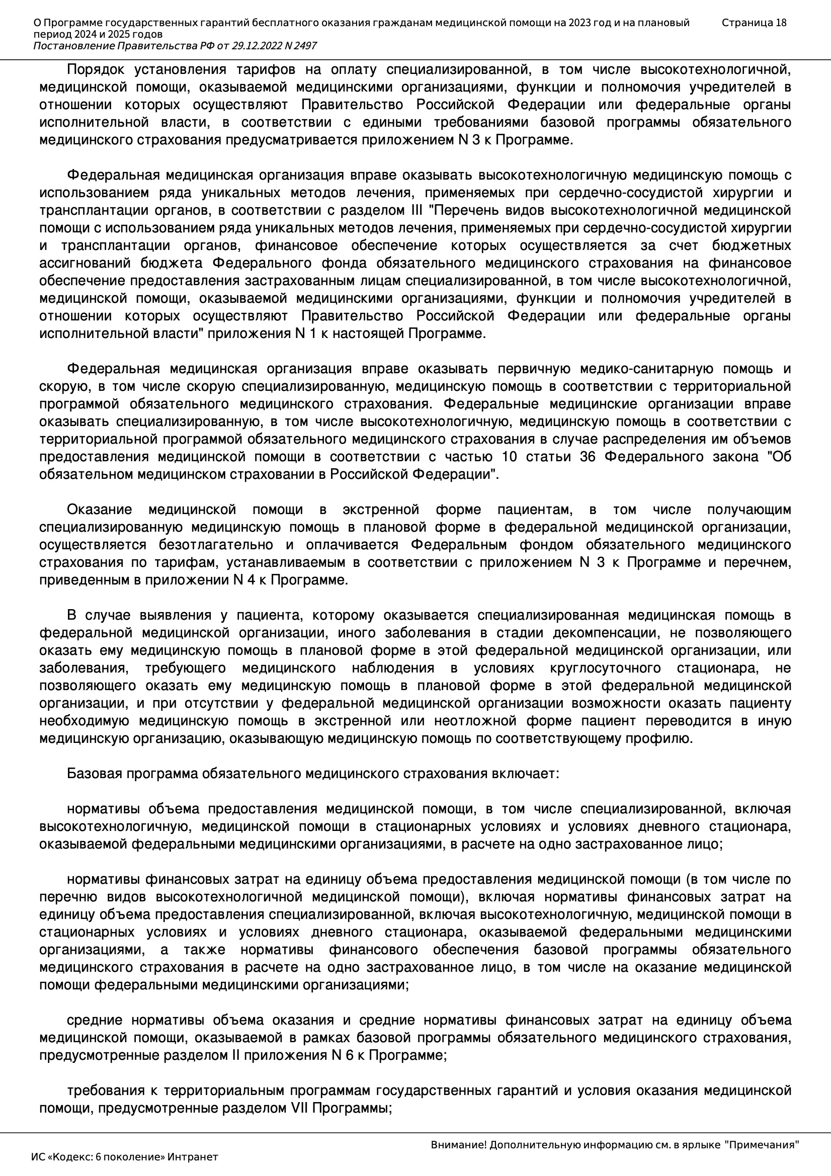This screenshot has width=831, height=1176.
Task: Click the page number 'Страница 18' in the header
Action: coord(754,23)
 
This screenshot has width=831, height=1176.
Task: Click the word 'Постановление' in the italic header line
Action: coord(74,46)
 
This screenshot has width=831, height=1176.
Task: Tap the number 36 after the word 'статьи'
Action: coord(587,457)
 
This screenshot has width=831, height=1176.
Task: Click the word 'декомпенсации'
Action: coord(605,633)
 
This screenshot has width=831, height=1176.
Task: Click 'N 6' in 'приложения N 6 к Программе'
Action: coord(343,1056)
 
